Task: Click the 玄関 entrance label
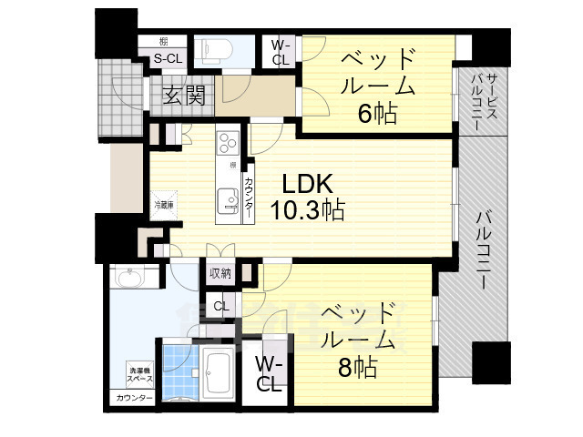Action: pyautogui.click(x=183, y=95)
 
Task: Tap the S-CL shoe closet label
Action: pyautogui.click(x=166, y=59)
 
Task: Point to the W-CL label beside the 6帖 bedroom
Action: pyautogui.click(x=281, y=52)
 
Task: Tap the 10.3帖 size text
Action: pyautogui.click(x=308, y=211)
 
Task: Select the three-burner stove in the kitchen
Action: pyautogui.click(x=227, y=144)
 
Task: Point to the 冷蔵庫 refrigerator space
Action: pyautogui.click(x=165, y=206)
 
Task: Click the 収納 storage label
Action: pyautogui.click(x=220, y=273)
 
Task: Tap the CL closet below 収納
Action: pyautogui.click(x=220, y=307)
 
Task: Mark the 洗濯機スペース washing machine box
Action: pyautogui.click(x=139, y=373)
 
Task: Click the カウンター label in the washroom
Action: pyautogui.click(x=133, y=399)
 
